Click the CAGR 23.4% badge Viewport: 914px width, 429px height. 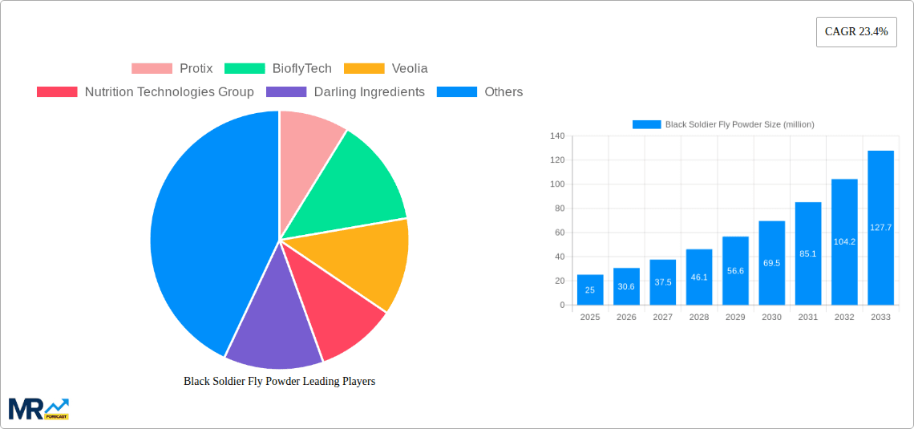(x=856, y=32)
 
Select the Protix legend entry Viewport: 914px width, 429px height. (x=172, y=69)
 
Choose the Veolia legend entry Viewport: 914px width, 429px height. (x=386, y=69)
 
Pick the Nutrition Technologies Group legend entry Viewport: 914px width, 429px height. (x=145, y=92)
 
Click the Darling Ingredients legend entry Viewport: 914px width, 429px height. (x=346, y=92)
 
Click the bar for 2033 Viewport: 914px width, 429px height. (x=880, y=228)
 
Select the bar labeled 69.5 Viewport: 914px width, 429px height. (x=771, y=263)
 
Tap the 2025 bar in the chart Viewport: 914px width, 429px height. (x=590, y=289)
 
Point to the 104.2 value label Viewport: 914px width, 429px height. (x=844, y=241)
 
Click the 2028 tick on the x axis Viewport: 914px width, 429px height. (x=699, y=318)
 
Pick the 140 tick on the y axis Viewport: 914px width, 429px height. (x=557, y=136)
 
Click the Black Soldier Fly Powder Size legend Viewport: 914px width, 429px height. (x=723, y=124)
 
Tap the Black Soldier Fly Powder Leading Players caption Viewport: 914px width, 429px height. (x=279, y=382)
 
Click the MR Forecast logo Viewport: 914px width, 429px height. (x=38, y=408)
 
